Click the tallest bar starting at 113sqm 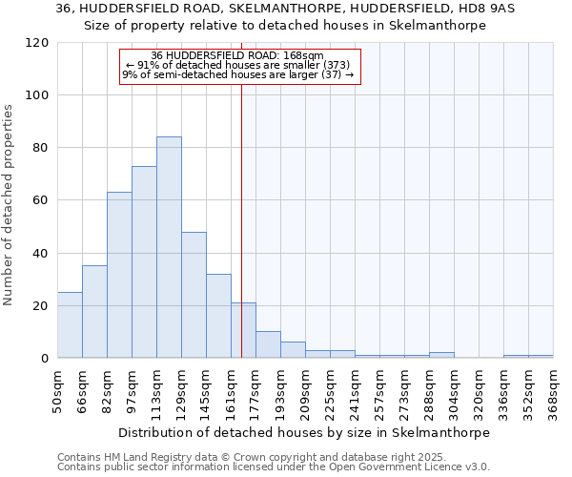pyautogui.click(x=169, y=247)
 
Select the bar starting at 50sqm pyautogui.click(x=70, y=324)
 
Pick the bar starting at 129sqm pyautogui.click(x=194, y=295)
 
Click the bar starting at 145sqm pyautogui.click(x=218, y=316)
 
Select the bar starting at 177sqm pyautogui.click(x=268, y=344)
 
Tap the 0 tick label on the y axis pyautogui.click(x=44, y=359)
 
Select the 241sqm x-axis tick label pyautogui.click(x=355, y=391)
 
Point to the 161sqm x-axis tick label pyautogui.click(x=231, y=391)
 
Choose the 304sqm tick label pyautogui.click(x=454, y=391)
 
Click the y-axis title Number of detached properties pyautogui.click(x=9, y=205)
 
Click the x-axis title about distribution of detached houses pyautogui.click(x=305, y=432)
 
